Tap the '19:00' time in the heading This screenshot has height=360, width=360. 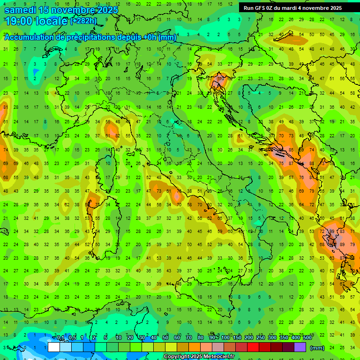tap(18, 21)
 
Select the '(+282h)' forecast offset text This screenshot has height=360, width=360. tap(83, 21)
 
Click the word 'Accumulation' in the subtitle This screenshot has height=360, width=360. tap(30, 37)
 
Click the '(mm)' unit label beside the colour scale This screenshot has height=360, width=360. tap(317, 348)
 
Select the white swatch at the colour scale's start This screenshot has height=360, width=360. tap(54, 347)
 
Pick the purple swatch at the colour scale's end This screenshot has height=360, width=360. tap(300, 347)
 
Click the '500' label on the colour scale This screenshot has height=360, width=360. tap(307, 338)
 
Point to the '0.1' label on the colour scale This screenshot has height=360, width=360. tap(60, 338)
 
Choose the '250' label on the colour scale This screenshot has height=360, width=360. tap(260, 338)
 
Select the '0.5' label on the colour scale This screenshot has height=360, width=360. tap(72, 338)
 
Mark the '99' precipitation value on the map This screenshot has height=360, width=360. tap(332, 232)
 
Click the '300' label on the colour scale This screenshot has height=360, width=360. tap(272, 338)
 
